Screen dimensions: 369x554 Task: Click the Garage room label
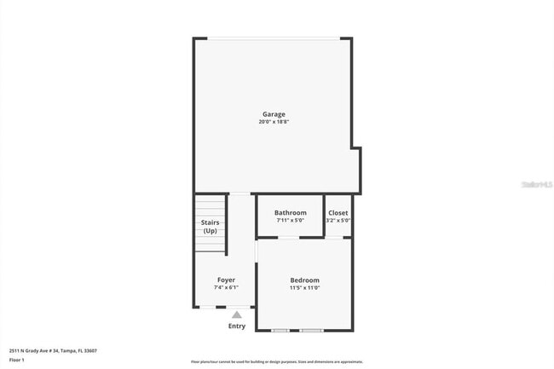[x=273, y=114]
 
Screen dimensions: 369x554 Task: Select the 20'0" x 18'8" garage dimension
[x=273, y=122]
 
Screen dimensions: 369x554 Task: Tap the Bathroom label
[x=290, y=212]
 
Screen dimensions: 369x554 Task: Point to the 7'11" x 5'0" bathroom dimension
[x=290, y=220]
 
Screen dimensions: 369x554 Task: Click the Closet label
[x=338, y=212]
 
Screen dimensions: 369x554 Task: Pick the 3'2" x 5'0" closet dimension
[x=338, y=220]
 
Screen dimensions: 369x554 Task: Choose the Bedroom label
[x=304, y=280]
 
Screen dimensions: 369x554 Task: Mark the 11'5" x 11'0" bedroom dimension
[x=304, y=288]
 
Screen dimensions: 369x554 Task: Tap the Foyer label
[x=226, y=280]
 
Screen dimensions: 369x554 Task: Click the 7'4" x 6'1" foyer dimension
[x=226, y=287]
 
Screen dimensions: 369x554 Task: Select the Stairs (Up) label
[x=210, y=227]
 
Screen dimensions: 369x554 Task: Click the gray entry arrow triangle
[x=237, y=314]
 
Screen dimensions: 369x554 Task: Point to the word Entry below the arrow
[x=237, y=326]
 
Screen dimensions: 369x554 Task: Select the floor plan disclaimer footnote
[x=276, y=361]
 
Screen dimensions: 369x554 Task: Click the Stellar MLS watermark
[x=536, y=183]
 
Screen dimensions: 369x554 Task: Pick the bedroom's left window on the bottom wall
[x=280, y=330]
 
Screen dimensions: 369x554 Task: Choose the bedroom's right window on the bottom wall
[x=311, y=330]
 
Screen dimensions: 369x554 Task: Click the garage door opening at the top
[x=274, y=38]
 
